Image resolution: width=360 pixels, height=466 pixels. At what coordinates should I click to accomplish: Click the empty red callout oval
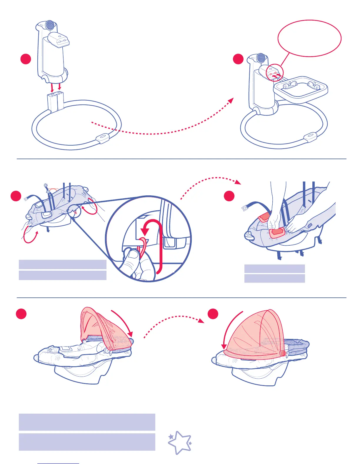click(309, 38)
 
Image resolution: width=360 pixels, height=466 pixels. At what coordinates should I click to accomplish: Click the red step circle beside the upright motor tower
click(26, 59)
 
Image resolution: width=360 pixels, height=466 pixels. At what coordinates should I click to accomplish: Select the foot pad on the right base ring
click(310, 137)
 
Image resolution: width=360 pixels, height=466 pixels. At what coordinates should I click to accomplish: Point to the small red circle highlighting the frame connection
click(275, 72)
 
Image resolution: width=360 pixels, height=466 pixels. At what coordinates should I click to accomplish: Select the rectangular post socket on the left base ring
click(56, 102)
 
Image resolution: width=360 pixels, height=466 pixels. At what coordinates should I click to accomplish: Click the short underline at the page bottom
click(58, 464)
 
